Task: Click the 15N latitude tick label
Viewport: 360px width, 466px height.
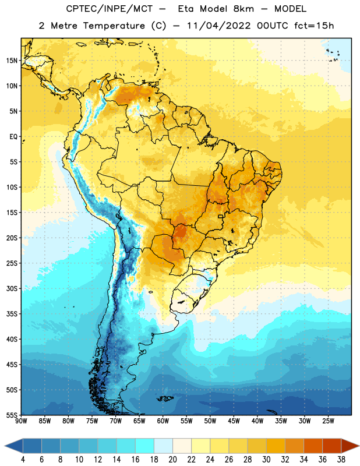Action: (12, 61)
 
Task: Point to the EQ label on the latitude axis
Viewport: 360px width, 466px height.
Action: (13, 137)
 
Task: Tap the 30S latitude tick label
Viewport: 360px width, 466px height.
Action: (12, 289)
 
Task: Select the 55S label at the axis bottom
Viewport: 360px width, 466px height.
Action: (12, 415)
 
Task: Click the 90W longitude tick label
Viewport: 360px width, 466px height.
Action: (21, 421)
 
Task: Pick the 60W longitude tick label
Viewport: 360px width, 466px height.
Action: (163, 421)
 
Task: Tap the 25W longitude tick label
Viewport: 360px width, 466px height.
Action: (328, 421)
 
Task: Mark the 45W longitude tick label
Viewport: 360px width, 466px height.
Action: (234, 421)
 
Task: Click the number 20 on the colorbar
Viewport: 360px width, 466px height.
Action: (172, 460)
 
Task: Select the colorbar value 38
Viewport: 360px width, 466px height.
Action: (341, 460)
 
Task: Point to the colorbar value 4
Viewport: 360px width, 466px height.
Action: (23, 460)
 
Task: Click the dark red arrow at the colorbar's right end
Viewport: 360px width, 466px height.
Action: (350, 446)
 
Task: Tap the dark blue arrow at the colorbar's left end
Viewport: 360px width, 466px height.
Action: (14, 446)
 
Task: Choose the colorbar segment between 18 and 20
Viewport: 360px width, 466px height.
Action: (164, 446)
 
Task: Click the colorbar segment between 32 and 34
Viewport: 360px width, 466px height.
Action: (295, 446)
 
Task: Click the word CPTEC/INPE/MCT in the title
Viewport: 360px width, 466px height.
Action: (110, 9)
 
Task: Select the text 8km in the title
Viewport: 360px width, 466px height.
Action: (243, 9)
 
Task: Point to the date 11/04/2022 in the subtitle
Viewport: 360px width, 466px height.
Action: (219, 26)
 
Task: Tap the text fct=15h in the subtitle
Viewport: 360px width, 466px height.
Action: (314, 26)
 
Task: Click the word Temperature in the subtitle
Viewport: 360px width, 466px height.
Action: (114, 26)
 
